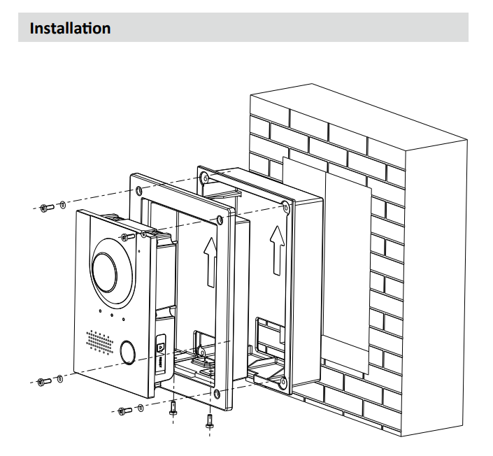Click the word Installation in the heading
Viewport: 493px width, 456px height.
click(x=70, y=29)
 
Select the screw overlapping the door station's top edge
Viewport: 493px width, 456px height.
click(x=128, y=238)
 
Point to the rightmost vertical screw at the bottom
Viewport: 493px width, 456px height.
click(x=208, y=420)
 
